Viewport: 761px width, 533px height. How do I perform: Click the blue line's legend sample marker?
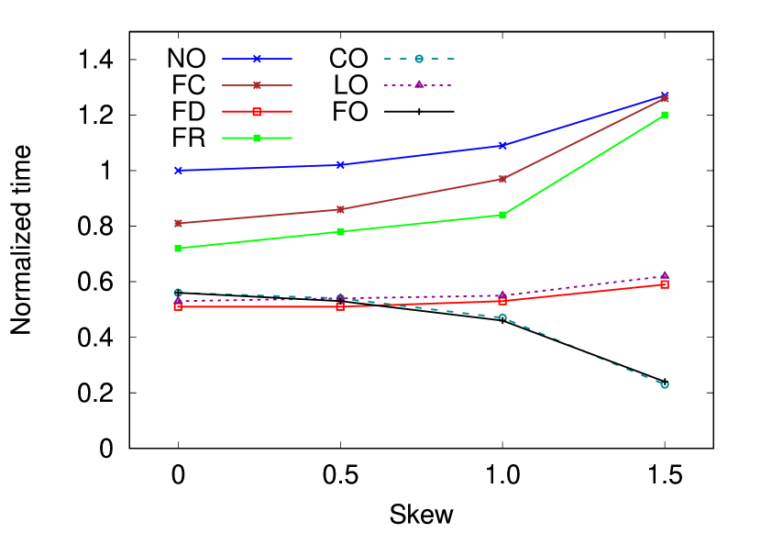click(x=257, y=59)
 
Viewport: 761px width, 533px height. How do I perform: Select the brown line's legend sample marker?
click(x=257, y=85)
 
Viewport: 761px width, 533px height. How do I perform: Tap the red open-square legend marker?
click(x=257, y=112)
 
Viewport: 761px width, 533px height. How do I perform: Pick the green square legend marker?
click(x=257, y=139)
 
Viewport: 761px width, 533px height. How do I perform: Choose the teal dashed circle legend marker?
click(x=419, y=59)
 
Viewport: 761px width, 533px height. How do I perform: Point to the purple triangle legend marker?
click(x=419, y=84)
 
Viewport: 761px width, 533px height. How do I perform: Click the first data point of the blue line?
click(x=178, y=171)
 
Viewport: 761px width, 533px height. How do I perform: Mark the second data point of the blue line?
click(x=340, y=165)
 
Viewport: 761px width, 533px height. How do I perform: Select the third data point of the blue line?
click(x=502, y=145)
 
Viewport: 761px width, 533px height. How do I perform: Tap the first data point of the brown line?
click(x=178, y=223)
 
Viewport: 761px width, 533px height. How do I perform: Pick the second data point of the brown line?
click(x=340, y=209)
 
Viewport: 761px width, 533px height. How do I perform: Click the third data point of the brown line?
click(x=502, y=179)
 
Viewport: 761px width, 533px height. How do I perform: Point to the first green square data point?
click(x=178, y=249)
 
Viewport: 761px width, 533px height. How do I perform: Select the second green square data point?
click(x=340, y=231)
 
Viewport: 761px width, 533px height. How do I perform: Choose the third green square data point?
click(x=502, y=215)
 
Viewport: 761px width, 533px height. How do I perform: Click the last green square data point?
click(x=665, y=115)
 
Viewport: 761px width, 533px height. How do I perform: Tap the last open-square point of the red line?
click(x=665, y=284)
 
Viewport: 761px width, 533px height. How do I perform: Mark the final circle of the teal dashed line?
click(x=665, y=384)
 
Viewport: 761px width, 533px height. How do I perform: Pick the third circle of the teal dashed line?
click(x=502, y=316)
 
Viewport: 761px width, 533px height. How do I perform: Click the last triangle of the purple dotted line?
click(x=665, y=275)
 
